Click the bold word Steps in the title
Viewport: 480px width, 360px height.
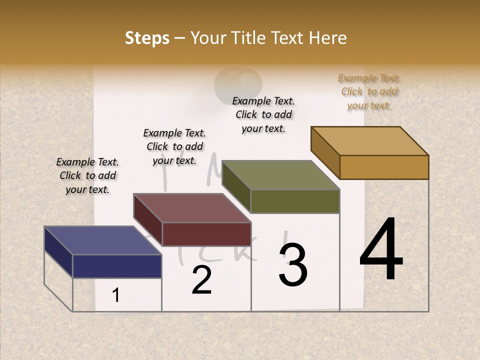coord(147,38)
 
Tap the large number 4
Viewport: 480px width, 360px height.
coord(381,250)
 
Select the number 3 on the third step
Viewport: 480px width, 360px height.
coord(293,265)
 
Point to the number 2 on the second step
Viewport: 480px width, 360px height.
coord(201,280)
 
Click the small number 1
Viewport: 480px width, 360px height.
coord(116,295)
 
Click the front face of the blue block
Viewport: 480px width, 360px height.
coord(117,266)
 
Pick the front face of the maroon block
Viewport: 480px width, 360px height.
coord(206,234)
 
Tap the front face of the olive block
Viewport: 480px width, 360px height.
coord(295,201)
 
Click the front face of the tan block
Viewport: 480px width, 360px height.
coord(384,167)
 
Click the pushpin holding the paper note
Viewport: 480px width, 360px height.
coord(238,83)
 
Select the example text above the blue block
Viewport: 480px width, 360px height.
coord(87,175)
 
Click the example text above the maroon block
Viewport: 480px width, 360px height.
coord(174,146)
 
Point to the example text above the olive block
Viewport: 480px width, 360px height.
coord(263,114)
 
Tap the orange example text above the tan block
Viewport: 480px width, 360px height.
coord(369,91)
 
